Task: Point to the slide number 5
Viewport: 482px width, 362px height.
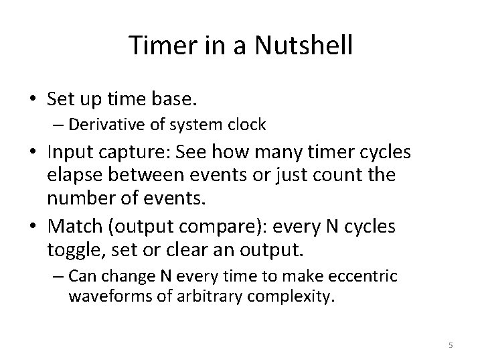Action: coord(451,345)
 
